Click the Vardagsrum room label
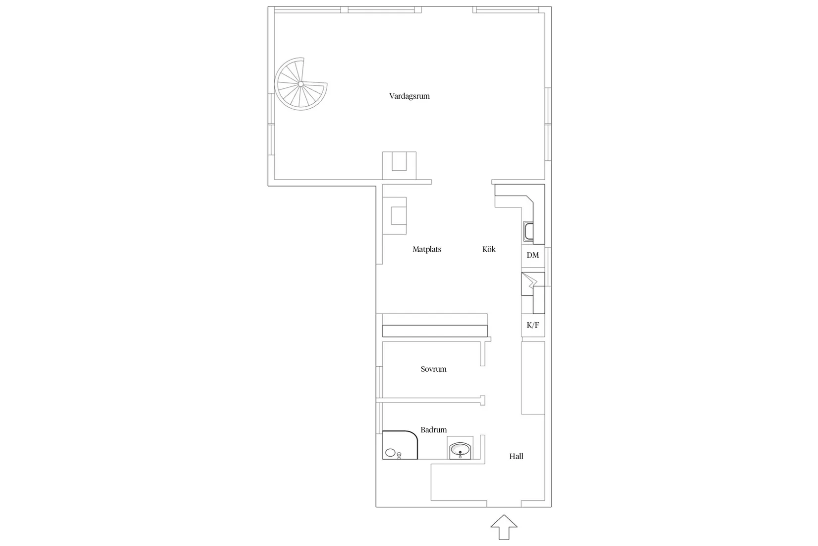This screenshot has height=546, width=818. click(409, 96)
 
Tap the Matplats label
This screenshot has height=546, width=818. click(427, 249)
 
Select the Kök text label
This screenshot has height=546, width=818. click(489, 249)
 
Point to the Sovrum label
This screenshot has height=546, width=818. click(433, 369)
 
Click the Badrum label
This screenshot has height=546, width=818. click(433, 430)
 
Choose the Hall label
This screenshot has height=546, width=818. click(516, 456)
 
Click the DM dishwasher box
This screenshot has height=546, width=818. click(533, 256)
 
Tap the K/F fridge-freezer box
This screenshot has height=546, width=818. click(533, 325)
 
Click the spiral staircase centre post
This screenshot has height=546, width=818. click(300, 84)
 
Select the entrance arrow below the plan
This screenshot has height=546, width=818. click(504, 527)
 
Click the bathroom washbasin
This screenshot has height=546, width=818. click(460, 449)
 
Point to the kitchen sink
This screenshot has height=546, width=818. click(528, 231)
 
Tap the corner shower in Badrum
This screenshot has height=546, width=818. click(400, 445)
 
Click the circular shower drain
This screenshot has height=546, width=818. click(390, 453)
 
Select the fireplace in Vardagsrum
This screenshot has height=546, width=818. click(399, 165)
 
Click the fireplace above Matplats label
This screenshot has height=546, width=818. click(395, 215)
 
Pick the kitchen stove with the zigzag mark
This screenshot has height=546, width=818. click(533, 284)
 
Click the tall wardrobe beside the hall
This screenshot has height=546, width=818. click(533, 378)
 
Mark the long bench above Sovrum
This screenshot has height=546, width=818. click(435, 331)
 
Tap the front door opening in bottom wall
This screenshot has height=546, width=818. click(504, 507)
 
